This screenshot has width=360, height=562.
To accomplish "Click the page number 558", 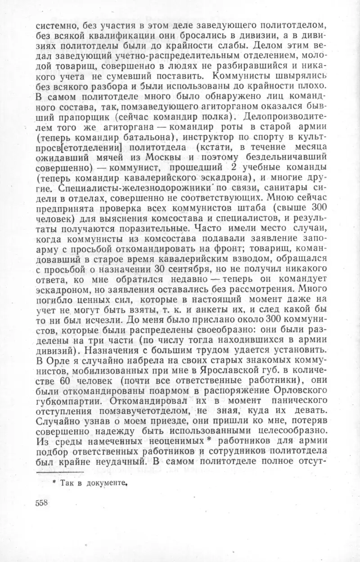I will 42,503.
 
